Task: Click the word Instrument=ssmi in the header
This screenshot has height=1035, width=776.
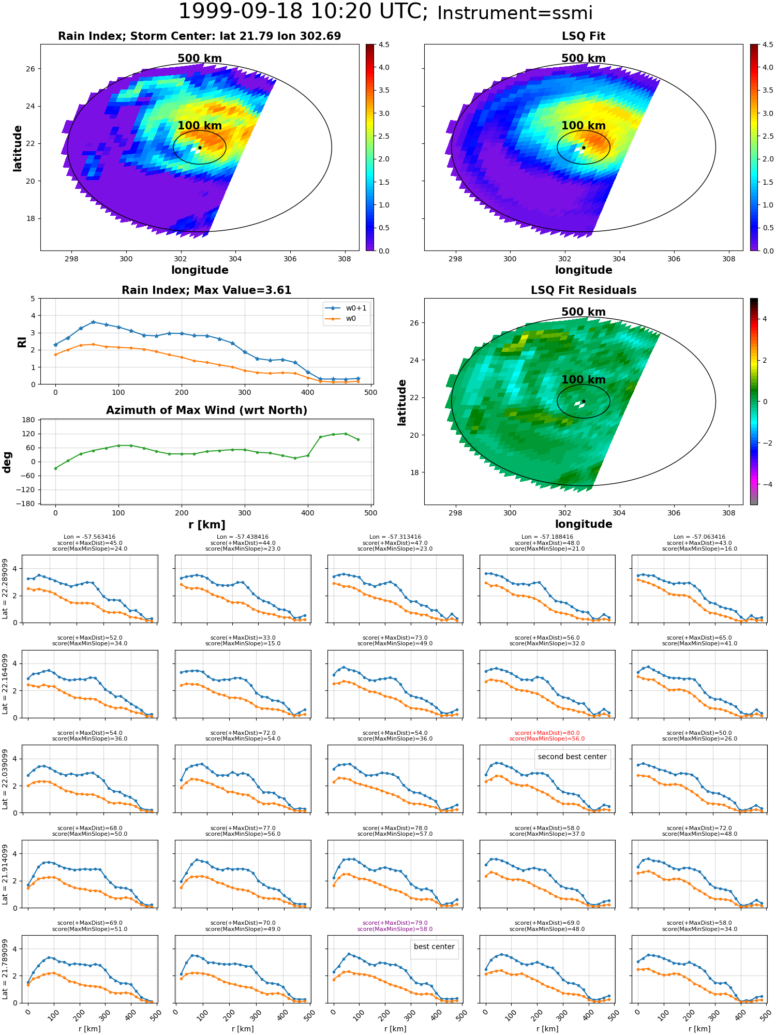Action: [515, 13]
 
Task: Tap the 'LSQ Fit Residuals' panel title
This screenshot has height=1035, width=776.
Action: [584, 290]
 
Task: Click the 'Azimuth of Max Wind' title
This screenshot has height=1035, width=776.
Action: [206, 410]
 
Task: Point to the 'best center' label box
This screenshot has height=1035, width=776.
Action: [434, 947]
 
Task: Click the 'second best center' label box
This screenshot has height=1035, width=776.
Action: [572, 757]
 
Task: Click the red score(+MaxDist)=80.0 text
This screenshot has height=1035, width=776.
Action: [547, 733]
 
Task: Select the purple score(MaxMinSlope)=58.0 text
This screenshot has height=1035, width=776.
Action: [395, 929]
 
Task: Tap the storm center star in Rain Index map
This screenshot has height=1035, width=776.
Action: [200, 147]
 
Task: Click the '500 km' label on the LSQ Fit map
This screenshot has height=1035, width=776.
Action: [584, 58]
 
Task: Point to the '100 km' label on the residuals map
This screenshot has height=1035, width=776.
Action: [584, 380]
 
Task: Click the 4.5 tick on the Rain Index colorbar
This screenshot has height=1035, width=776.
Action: [383, 45]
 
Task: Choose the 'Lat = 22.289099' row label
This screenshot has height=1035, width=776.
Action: [5, 589]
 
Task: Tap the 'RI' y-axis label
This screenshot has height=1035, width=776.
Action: [22, 342]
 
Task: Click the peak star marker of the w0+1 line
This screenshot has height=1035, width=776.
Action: [93, 322]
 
